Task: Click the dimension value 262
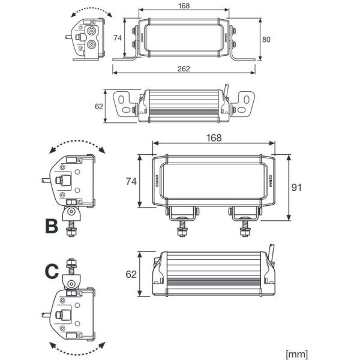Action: (x=184, y=68)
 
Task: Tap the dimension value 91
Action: (x=296, y=187)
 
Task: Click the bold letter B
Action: (x=52, y=226)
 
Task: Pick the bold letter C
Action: (x=52, y=272)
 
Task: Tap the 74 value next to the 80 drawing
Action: (x=118, y=38)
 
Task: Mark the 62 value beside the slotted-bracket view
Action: (x=99, y=107)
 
